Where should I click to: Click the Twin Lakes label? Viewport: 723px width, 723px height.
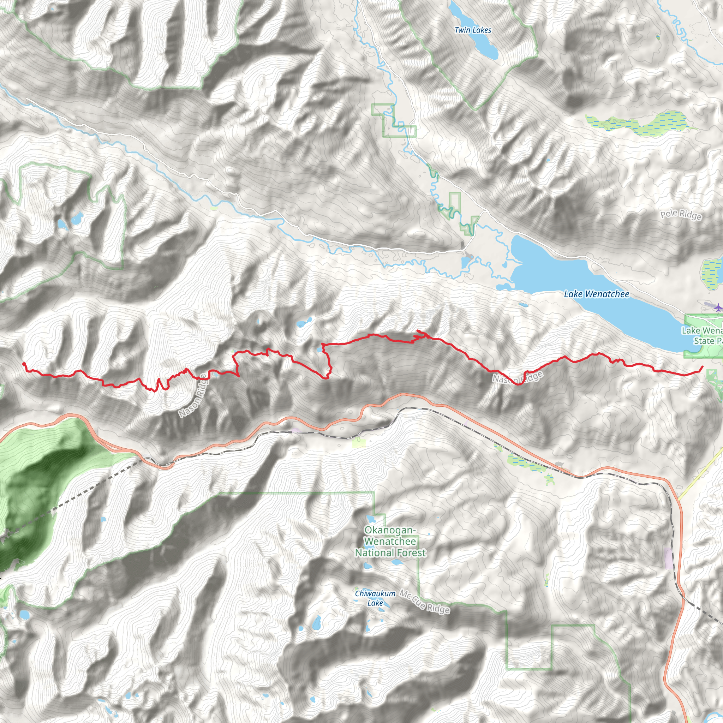[473, 30]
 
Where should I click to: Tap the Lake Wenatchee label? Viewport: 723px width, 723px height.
[597, 294]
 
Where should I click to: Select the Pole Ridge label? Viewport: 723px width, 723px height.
[680, 215]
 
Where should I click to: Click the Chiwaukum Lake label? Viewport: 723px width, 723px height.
[375, 598]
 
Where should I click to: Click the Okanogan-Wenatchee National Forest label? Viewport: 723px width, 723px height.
[390, 541]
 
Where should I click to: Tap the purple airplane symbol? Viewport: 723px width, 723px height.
[717, 307]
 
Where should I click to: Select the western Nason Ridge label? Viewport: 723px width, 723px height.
[192, 396]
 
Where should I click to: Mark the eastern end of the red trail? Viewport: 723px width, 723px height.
[703, 367]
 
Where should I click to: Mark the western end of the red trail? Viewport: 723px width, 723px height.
[24, 363]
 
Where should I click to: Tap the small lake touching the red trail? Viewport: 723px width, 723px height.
[319, 349]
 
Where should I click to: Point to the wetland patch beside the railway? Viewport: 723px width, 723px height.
[524, 462]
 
